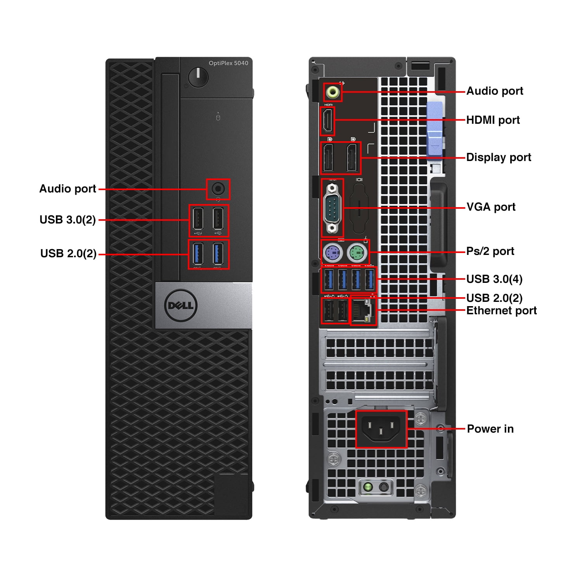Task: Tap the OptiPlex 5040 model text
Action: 228,63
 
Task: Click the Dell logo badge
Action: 181,305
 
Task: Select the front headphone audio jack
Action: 218,189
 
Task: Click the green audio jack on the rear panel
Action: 333,92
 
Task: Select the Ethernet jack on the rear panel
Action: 362,310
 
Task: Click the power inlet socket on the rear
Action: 381,429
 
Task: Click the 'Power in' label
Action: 490,429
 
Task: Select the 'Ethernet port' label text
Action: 501,310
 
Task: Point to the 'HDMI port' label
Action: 493,120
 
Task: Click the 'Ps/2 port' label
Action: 490,251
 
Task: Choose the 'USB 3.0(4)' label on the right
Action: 494,279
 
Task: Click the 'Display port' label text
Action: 499,157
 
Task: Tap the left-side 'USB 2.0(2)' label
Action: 68,253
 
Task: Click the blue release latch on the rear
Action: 435,130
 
